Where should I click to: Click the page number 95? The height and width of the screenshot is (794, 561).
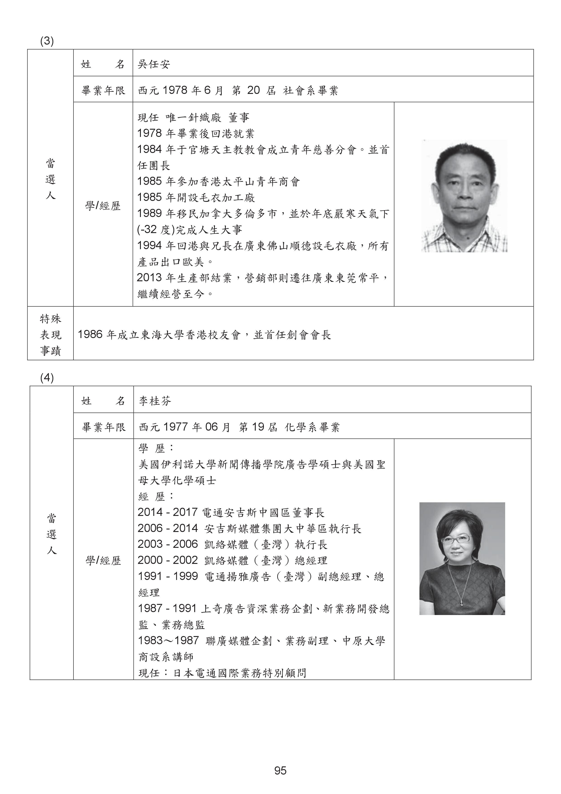280,770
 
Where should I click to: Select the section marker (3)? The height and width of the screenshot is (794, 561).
47,41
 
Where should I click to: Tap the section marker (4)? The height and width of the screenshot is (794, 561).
47,378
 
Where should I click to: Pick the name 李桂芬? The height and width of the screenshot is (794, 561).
155,401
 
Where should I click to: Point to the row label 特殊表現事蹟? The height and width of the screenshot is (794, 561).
50,334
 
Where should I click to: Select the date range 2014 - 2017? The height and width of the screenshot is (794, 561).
167,512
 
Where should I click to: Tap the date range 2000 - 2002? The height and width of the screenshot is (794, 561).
167,560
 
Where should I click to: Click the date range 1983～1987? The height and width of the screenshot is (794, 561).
168,640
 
